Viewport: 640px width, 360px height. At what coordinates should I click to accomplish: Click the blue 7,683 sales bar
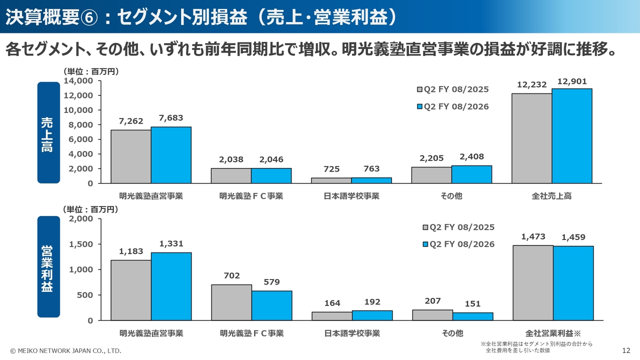tap(171, 155)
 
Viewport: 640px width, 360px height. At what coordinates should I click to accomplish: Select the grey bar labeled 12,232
tap(531, 138)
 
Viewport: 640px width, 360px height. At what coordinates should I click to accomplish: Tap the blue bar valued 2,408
tap(471, 174)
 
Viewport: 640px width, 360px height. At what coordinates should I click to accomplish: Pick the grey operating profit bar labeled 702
tap(231, 302)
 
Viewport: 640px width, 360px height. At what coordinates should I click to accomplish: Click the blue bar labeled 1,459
tap(573, 283)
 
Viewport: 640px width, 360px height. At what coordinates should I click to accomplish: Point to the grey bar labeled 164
tap(332, 316)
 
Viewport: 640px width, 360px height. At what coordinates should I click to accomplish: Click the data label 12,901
tap(572, 82)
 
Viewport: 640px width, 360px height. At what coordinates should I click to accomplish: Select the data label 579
tap(271, 282)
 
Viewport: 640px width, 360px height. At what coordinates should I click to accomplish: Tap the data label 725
tap(331, 169)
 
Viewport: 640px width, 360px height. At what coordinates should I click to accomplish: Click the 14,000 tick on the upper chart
tap(79, 80)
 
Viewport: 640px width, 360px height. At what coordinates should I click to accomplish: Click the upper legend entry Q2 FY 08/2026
tap(453, 106)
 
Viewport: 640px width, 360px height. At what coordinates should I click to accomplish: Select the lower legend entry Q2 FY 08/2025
tap(458, 227)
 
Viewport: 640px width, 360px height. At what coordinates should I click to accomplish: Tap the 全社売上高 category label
tap(551, 196)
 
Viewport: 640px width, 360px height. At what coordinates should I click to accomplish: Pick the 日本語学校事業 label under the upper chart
tap(351, 196)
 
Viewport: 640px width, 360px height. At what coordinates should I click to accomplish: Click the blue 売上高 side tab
tap(48, 133)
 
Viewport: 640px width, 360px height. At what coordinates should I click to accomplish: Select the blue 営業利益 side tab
tap(48, 267)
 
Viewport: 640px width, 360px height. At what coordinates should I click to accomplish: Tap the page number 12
tap(626, 351)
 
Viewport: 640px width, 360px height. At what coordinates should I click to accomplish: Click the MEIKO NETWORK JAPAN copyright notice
tap(65, 351)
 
